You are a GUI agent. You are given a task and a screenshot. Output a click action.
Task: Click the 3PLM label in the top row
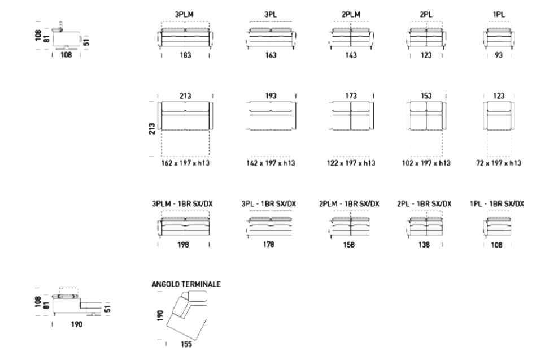[x=184, y=15]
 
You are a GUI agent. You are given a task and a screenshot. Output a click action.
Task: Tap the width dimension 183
[x=185, y=55]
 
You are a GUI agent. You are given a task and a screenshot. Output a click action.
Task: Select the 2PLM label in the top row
[x=351, y=15]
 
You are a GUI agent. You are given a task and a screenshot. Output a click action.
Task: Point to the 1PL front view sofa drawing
[x=499, y=37]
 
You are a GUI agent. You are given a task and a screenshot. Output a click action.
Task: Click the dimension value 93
[x=499, y=55]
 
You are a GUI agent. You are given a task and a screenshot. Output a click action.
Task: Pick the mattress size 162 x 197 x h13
[x=185, y=163]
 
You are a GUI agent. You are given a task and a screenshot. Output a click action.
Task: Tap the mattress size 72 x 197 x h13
[x=499, y=163]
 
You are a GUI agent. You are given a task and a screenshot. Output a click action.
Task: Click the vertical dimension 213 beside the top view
[x=152, y=128]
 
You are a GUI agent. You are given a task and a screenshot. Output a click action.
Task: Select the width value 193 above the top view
[x=271, y=96]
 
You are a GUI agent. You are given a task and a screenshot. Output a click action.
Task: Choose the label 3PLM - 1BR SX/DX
[x=182, y=203]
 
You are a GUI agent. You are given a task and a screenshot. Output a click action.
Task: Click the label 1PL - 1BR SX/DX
[x=497, y=203]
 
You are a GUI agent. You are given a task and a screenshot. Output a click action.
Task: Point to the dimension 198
[x=184, y=245]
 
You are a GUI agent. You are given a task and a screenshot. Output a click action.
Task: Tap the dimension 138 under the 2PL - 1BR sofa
[x=424, y=245]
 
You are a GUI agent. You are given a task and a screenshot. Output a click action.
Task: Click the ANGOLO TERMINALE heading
[x=186, y=284]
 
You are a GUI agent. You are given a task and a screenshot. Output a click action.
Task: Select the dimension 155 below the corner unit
[x=186, y=344]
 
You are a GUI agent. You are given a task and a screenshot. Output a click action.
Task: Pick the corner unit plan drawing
[x=187, y=315]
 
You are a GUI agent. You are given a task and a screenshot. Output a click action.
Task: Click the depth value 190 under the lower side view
[x=76, y=324]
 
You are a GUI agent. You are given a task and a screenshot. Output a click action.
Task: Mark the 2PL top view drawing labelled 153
[x=426, y=115]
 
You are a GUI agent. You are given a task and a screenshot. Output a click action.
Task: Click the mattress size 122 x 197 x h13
[x=351, y=163]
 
